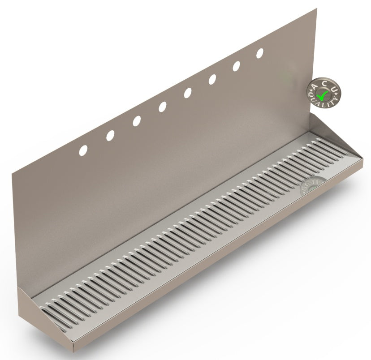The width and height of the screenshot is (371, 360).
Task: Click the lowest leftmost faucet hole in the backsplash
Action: [83, 150]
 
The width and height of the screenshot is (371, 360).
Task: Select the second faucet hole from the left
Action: [110, 135]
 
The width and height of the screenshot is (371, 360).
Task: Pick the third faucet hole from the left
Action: [136, 121]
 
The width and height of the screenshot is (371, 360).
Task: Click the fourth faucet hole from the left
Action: [162, 107]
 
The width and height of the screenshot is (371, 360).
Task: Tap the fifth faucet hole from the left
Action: [187, 93]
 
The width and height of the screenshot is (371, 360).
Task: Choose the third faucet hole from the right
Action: [212, 79]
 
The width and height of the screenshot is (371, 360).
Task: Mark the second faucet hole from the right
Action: [236, 66]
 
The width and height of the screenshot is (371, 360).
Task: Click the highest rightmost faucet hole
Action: [259, 53]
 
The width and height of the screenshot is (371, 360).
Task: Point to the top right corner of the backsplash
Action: [316, 9]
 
